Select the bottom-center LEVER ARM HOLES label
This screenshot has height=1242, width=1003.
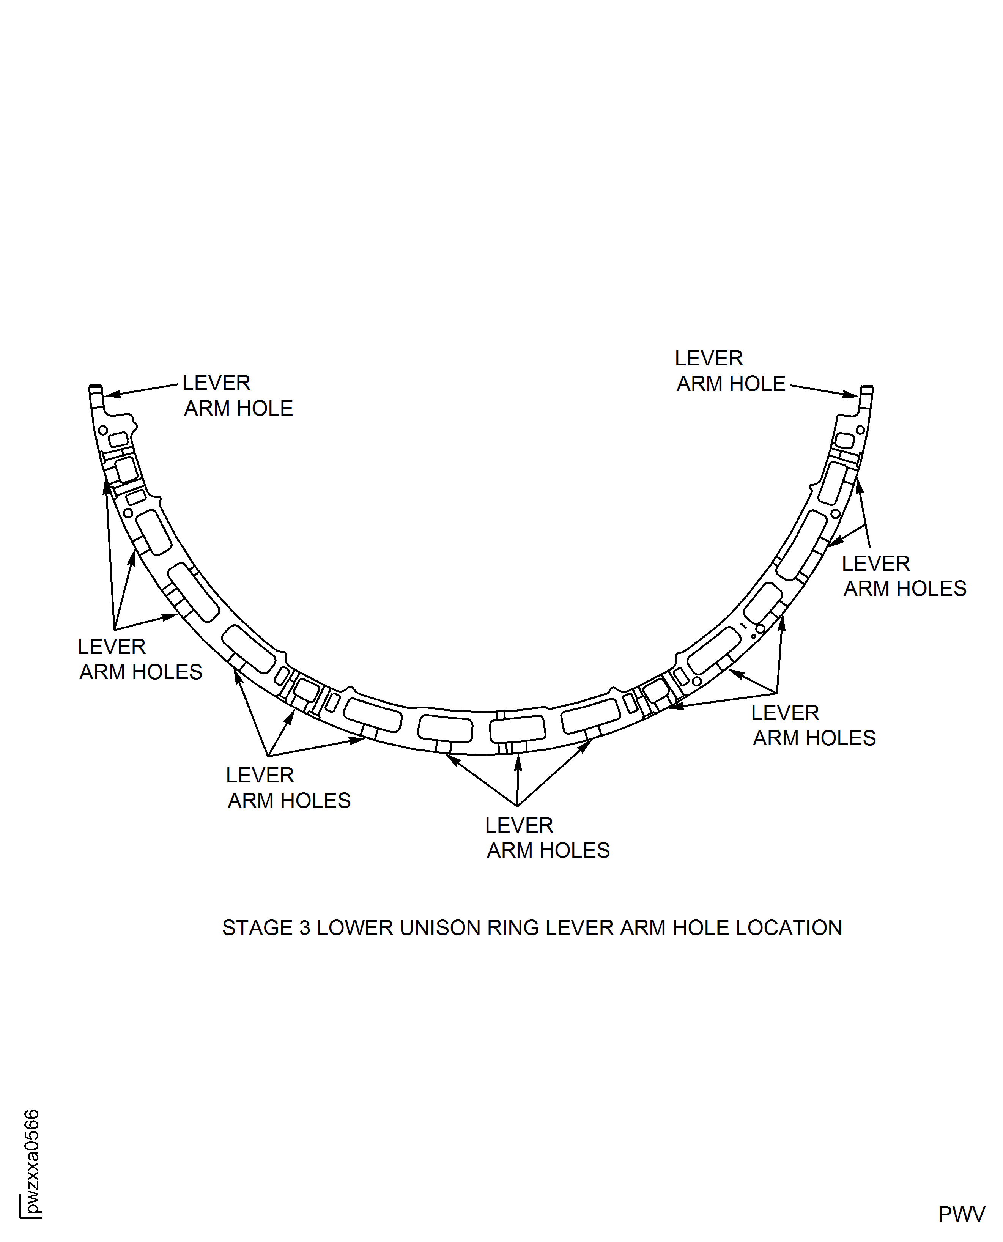click(548, 837)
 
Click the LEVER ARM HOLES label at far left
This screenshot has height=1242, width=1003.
click(140, 659)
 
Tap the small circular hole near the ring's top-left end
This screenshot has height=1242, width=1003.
click(103, 430)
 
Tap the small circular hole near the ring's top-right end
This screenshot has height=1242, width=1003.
click(860, 430)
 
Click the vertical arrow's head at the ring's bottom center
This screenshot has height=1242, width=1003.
click(518, 762)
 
